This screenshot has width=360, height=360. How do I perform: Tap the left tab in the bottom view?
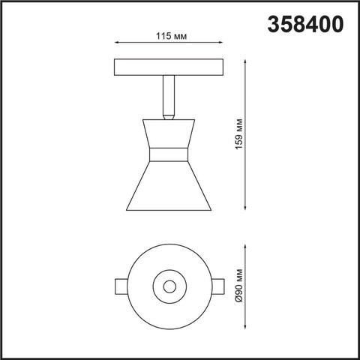pyautogui.click(x=121, y=285)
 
